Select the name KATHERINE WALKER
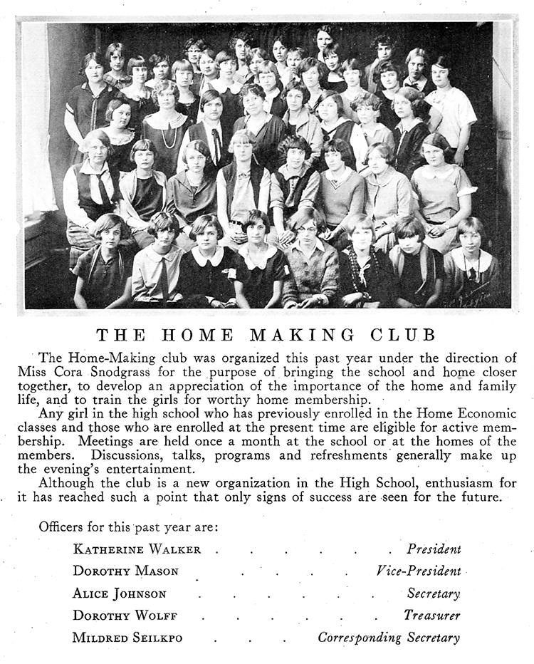coord(137,549)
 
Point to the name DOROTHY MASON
coord(125,571)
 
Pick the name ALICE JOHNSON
coord(119,593)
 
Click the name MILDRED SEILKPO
coord(127,638)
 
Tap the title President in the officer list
coord(434,549)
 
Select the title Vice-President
coord(419,571)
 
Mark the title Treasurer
coord(432,616)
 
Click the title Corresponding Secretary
coord(389,638)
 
